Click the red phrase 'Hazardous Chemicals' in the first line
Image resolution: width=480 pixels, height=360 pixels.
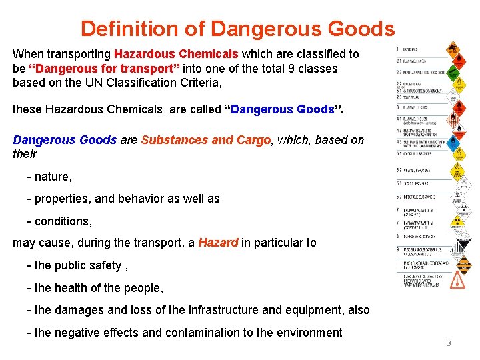(x=176, y=54)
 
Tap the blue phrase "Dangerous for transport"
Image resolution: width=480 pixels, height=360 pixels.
(x=117, y=69)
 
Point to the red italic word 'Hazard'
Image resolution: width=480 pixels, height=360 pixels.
(x=218, y=243)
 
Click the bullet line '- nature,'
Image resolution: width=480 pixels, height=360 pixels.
(x=49, y=177)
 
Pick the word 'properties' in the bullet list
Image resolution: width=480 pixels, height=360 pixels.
(x=61, y=199)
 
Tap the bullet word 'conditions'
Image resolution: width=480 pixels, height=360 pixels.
(x=63, y=221)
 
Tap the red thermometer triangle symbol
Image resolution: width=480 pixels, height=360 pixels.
(x=457, y=281)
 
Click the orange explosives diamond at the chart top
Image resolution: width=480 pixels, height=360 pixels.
(x=454, y=49)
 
